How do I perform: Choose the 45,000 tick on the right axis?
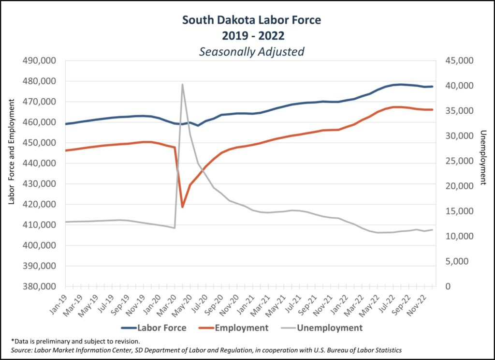pos(457,60)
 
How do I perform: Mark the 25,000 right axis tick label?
pos(457,161)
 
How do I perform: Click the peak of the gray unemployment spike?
pos(182,84)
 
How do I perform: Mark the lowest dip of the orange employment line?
pos(182,207)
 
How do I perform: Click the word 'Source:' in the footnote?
pos(21,350)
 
